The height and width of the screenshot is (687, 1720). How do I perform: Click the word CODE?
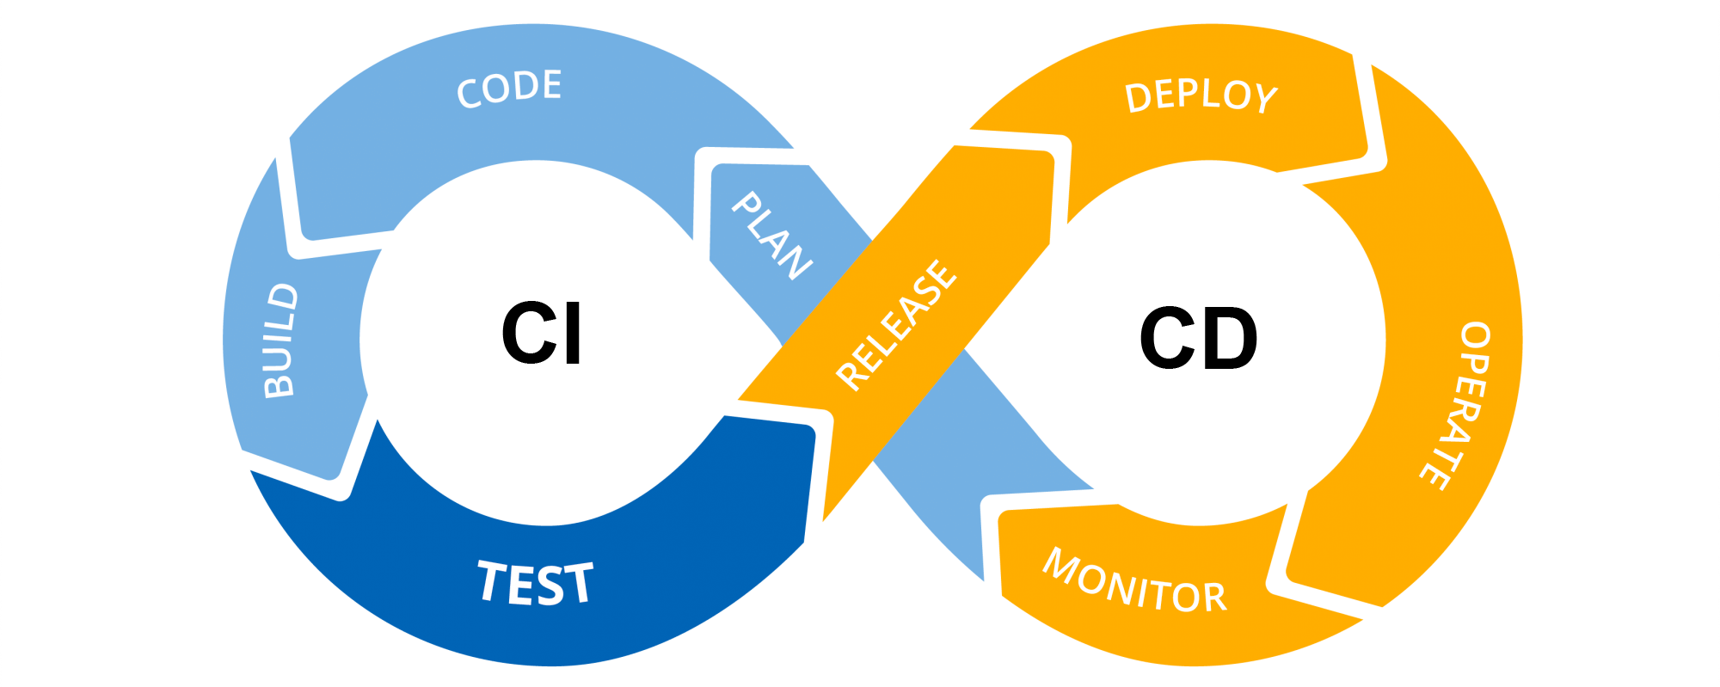click(509, 89)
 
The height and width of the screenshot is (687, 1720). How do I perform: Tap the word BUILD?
click(281, 340)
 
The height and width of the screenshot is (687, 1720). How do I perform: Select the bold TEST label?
click(535, 583)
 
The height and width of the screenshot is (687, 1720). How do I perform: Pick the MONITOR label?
click(1134, 583)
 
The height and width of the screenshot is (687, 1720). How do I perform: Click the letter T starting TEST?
click(492, 580)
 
